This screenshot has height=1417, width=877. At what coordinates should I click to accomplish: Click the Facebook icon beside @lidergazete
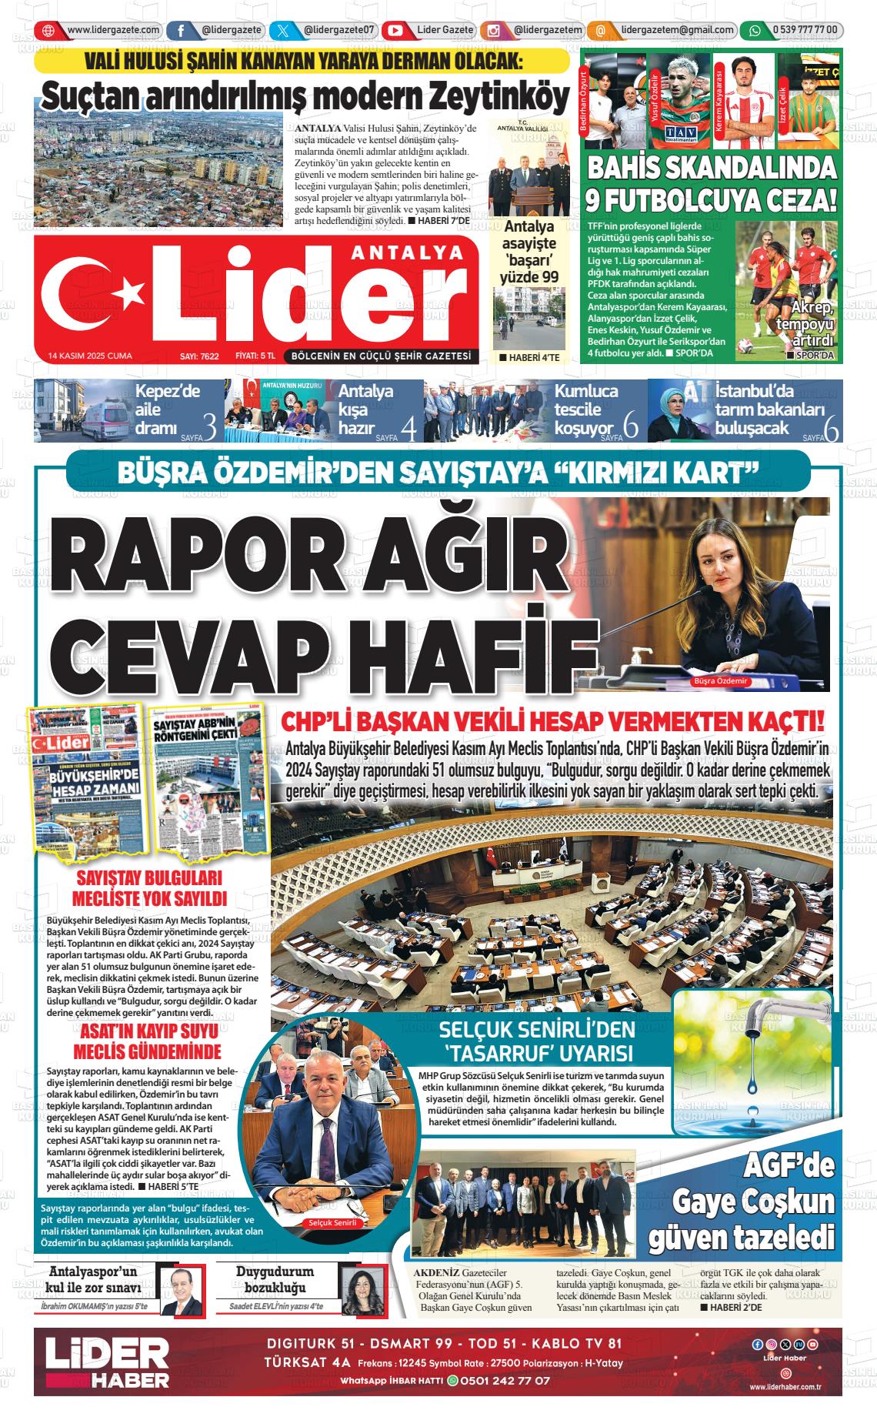tap(180, 31)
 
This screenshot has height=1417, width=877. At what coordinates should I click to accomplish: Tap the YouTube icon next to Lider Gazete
tap(395, 31)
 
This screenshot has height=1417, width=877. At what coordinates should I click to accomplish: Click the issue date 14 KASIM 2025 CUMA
tap(90, 356)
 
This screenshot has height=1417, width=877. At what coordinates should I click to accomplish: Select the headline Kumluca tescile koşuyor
tap(585, 409)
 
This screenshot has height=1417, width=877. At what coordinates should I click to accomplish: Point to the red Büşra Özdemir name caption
tap(720, 682)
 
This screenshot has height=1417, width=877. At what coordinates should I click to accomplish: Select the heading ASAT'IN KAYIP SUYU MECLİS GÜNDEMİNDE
tap(147, 1041)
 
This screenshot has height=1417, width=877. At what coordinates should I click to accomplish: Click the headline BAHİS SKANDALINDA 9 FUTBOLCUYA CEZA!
tap(711, 184)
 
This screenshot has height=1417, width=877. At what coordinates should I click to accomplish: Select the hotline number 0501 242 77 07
tap(504, 1380)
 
